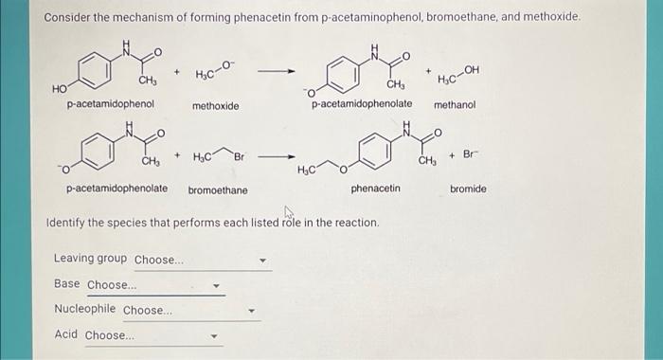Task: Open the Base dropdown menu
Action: click(x=154, y=284)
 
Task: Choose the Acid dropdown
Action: click(x=152, y=335)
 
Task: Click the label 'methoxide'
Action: click(x=215, y=107)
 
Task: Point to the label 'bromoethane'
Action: click(x=218, y=190)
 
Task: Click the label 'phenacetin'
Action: click(x=375, y=189)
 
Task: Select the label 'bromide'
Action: click(x=468, y=189)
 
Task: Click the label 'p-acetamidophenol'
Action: click(x=110, y=103)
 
